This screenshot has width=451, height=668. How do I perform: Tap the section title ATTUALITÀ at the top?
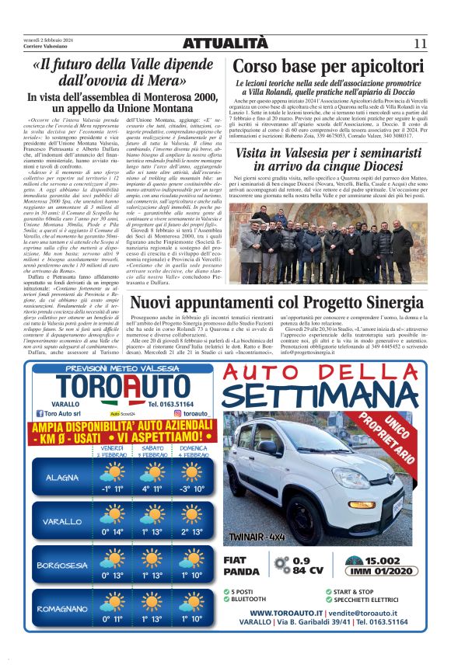pos(225,42)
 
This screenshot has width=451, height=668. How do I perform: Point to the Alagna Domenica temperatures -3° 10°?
pos(191,489)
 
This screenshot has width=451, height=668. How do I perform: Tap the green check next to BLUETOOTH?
pos(226,599)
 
